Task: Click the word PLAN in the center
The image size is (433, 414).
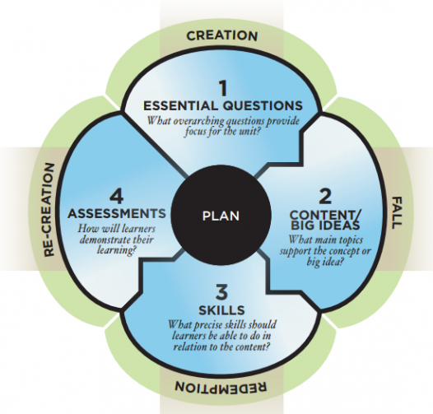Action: [x=221, y=216]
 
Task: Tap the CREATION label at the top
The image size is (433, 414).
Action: [x=222, y=36]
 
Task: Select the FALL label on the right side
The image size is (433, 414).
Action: [x=397, y=212]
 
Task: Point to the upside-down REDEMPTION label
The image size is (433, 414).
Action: [x=221, y=386]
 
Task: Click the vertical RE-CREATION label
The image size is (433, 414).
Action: [x=49, y=210]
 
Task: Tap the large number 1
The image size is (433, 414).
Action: [x=223, y=88]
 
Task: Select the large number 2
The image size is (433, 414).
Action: [x=325, y=197]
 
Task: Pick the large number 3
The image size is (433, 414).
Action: [x=221, y=292]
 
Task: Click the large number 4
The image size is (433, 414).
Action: [x=117, y=197]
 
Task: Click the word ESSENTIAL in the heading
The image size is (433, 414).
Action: [x=180, y=106]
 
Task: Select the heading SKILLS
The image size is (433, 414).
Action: [x=221, y=310]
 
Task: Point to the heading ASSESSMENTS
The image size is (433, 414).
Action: [x=117, y=213]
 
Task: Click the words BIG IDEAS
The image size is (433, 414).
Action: [x=325, y=226]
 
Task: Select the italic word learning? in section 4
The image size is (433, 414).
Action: [x=117, y=250]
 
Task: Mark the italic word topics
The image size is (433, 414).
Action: [x=350, y=240]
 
